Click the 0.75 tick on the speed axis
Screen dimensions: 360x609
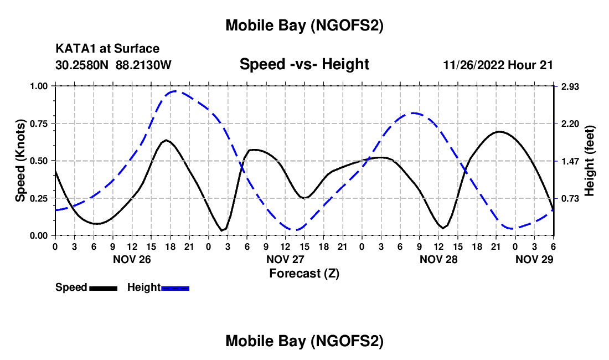pos(39,124)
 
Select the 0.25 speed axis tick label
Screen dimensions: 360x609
pos(39,198)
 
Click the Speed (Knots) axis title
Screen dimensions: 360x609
pos(20,161)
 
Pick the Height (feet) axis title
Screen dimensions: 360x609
pos(589,161)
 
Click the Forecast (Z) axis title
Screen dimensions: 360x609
pos(304,273)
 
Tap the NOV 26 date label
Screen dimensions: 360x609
pos(132,259)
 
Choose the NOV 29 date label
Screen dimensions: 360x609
pos(534,259)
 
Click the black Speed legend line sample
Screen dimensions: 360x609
pos(103,288)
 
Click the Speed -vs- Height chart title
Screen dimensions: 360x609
pos(304,64)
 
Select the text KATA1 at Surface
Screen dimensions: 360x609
pos(107,49)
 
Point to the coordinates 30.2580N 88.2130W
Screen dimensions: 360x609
pos(113,65)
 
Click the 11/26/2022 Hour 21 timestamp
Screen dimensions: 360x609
pos(498,65)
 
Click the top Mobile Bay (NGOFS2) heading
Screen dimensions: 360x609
pos(304,25)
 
